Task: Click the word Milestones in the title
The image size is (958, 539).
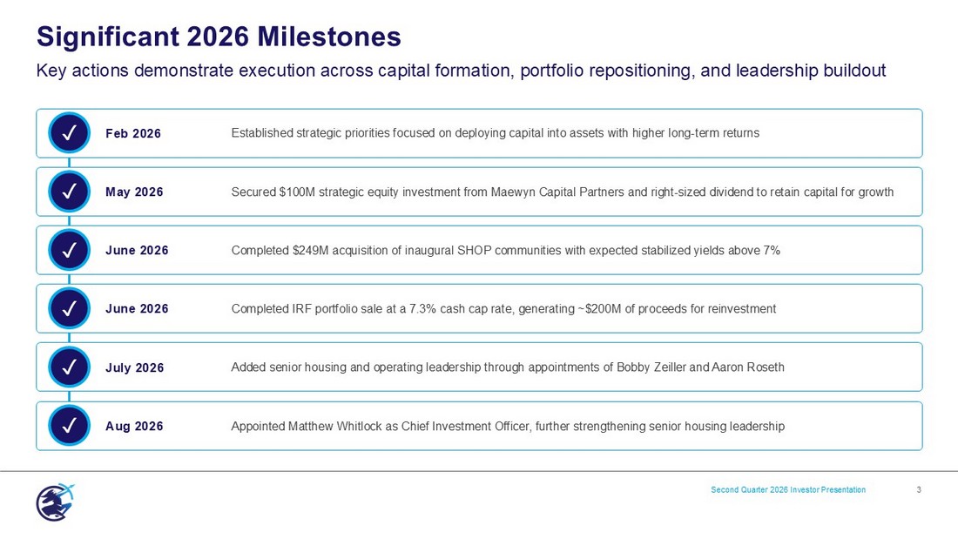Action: click(x=328, y=37)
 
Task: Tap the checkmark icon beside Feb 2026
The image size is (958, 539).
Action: click(x=69, y=132)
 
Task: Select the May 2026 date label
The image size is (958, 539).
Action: click(x=134, y=192)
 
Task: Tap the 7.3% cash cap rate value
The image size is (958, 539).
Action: click(x=422, y=308)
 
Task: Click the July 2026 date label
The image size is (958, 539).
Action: click(x=134, y=367)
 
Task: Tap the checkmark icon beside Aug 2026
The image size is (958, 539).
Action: click(x=69, y=425)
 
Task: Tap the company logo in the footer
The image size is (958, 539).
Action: click(x=55, y=502)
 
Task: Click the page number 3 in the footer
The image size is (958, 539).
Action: click(x=919, y=489)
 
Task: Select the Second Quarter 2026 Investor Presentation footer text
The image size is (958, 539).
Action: click(x=788, y=489)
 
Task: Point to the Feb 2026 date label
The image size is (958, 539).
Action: click(x=133, y=133)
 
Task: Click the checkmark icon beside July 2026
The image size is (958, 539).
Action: click(x=69, y=367)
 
